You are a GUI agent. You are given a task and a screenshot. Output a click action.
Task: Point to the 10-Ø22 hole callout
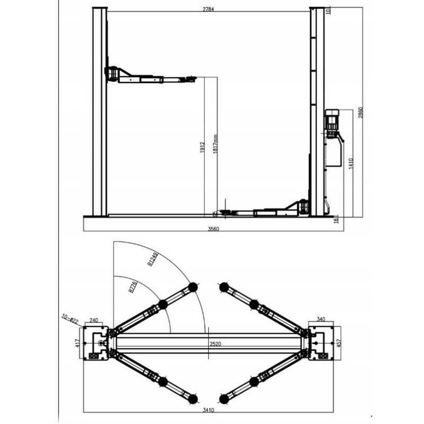pyautogui.click(x=71, y=316)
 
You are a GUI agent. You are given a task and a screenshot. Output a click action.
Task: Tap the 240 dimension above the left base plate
pyautogui.click(x=94, y=321)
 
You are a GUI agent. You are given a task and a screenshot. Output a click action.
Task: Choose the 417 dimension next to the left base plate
pyautogui.click(x=77, y=343)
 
